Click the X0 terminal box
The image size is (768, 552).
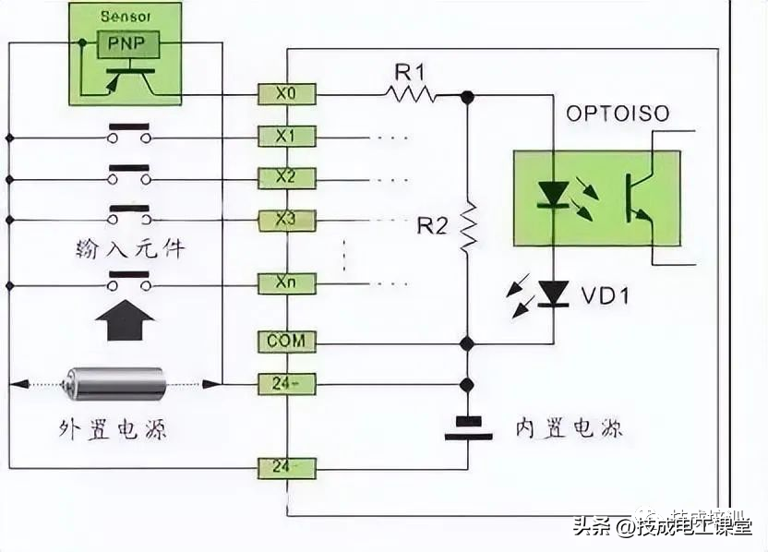pyautogui.click(x=286, y=93)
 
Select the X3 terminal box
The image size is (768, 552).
pyautogui.click(x=286, y=220)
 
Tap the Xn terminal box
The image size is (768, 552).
pyautogui.click(x=286, y=282)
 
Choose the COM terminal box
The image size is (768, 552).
pyautogui.click(x=286, y=342)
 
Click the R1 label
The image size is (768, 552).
pyautogui.click(x=409, y=71)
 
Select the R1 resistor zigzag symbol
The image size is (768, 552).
pyautogui.click(x=412, y=93)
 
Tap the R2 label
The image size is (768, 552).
pyautogui.click(x=431, y=225)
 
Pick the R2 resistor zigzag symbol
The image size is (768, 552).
pyautogui.click(x=468, y=226)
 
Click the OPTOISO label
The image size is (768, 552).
pyautogui.click(x=618, y=114)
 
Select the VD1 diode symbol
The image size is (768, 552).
pyautogui.click(x=554, y=294)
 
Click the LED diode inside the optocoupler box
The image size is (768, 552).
pyautogui.click(x=554, y=193)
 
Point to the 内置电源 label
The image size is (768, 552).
pyautogui.click(x=570, y=428)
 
